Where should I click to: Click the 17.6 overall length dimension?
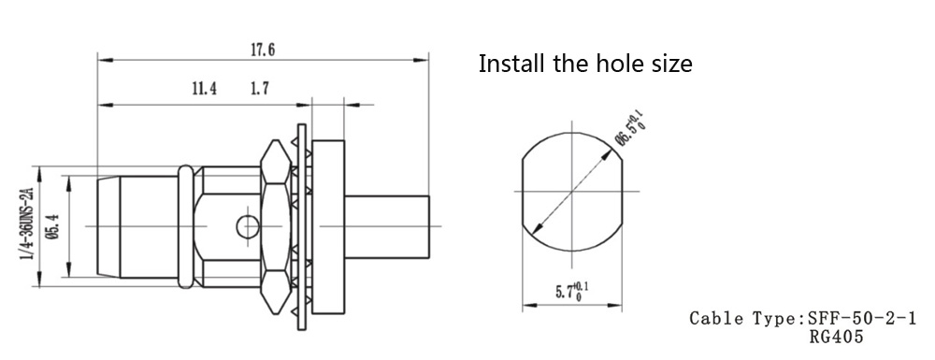(x=263, y=50)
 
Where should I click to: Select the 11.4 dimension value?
(x=204, y=90)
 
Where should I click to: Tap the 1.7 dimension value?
(x=259, y=90)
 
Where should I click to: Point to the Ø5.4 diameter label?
(x=53, y=226)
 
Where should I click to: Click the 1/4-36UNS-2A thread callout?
(x=25, y=223)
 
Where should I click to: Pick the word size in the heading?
(x=669, y=64)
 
